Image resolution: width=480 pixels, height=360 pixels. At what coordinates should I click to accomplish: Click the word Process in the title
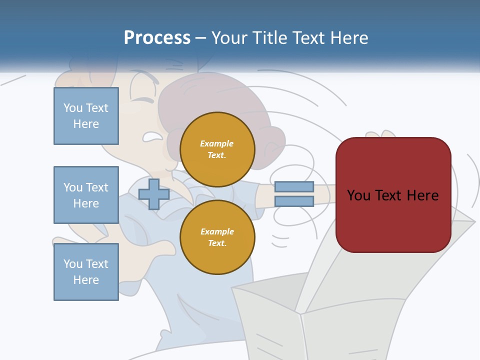[157, 38]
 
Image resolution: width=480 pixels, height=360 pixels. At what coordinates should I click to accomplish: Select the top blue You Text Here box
[86, 116]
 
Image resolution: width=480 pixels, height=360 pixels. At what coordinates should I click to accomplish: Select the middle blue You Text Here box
[86, 195]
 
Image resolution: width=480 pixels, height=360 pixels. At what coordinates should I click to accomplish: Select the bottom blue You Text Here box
[86, 272]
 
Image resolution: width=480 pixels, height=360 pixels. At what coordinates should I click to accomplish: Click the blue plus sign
[153, 194]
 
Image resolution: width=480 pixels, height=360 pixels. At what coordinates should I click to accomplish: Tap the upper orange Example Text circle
[217, 149]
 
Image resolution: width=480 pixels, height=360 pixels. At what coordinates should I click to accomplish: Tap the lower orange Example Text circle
[217, 237]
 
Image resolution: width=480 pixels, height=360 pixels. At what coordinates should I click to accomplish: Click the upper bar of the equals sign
[294, 186]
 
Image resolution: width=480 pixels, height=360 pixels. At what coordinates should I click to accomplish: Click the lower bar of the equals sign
[294, 201]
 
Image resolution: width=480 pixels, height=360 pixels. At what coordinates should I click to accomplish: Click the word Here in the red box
[423, 195]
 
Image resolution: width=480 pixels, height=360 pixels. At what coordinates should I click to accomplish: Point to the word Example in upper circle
[216, 143]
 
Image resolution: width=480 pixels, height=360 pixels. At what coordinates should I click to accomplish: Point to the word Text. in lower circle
[217, 243]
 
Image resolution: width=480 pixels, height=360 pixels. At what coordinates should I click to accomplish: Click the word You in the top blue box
[73, 108]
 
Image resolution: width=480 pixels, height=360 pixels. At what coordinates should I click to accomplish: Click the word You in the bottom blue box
[73, 264]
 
